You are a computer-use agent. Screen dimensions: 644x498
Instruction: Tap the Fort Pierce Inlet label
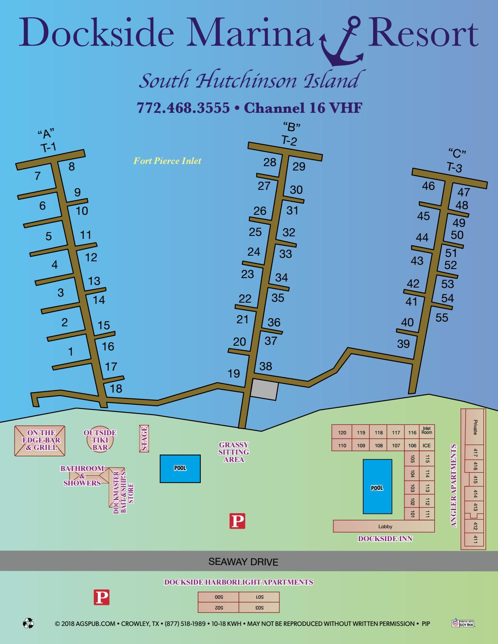[x=167, y=161]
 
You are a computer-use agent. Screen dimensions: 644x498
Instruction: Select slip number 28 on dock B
[x=270, y=162]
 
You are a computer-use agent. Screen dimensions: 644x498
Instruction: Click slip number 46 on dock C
[x=428, y=186]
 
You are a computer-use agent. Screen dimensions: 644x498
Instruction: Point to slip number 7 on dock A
[x=37, y=176]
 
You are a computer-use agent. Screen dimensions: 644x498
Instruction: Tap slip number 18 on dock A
[x=116, y=389]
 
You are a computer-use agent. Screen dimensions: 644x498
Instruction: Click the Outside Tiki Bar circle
[x=100, y=440]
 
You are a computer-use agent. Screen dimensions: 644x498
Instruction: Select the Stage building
[x=144, y=438]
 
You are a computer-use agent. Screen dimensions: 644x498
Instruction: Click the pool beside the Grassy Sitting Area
[x=180, y=468]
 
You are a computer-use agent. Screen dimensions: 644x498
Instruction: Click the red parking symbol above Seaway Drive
[x=237, y=521]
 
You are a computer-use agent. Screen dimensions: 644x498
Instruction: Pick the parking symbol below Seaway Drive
[x=102, y=598]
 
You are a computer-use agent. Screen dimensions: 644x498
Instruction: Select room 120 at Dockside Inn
[x=342, y=433]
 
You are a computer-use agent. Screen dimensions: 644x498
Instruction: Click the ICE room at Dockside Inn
[x=426, y=446]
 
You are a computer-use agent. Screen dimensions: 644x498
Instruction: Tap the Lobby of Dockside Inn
[x=385, y=526]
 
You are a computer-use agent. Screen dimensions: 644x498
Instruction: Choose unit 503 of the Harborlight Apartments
[x=259, y=607]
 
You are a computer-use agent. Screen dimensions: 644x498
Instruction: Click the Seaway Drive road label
[x=243, y=562]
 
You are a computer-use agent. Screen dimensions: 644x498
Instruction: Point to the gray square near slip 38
[x=265, y=390]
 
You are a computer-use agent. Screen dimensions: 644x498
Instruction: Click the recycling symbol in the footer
[x=28, y=623]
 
